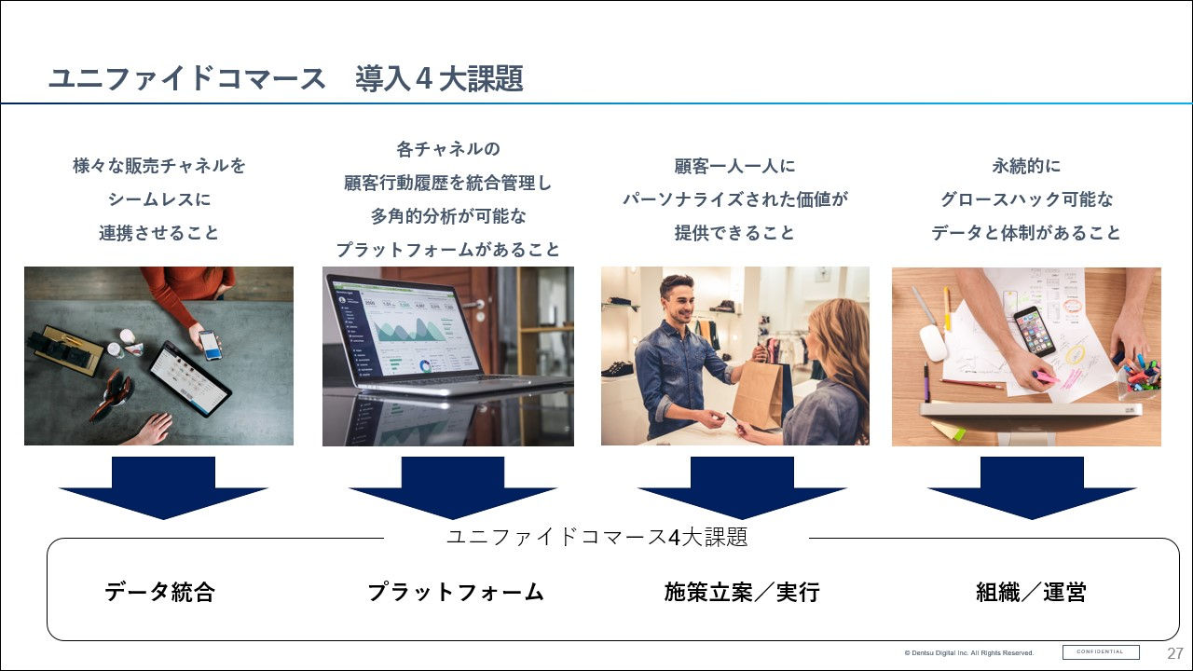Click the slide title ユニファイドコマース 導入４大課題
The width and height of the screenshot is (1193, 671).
click(x=285, y=79)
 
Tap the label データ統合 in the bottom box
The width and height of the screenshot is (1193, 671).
click(x=159, y=592)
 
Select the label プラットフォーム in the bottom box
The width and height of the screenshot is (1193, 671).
click(x=455, y=592)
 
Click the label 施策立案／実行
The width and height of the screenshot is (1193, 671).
click(x=742, y=592)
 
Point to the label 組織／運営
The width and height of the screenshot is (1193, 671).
click(x=1031, y=592)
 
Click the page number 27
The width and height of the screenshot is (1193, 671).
click(x=1175, y=652)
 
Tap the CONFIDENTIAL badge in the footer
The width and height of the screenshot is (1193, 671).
click(x=1101, y=651)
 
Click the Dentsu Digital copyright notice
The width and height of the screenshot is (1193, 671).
click(x=968, y=652)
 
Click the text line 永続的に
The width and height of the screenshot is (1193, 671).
click(x=1026, y=167)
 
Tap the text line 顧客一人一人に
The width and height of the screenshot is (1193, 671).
click(x=734, y=167)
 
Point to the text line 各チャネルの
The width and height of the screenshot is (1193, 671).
click(x=448, y=149)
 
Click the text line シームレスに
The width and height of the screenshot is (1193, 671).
click(x=159, y=199)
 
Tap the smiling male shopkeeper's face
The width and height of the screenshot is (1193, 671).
click(x=678, y=302)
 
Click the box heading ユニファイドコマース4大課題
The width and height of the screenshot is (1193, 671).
click(x=596, y=538)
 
